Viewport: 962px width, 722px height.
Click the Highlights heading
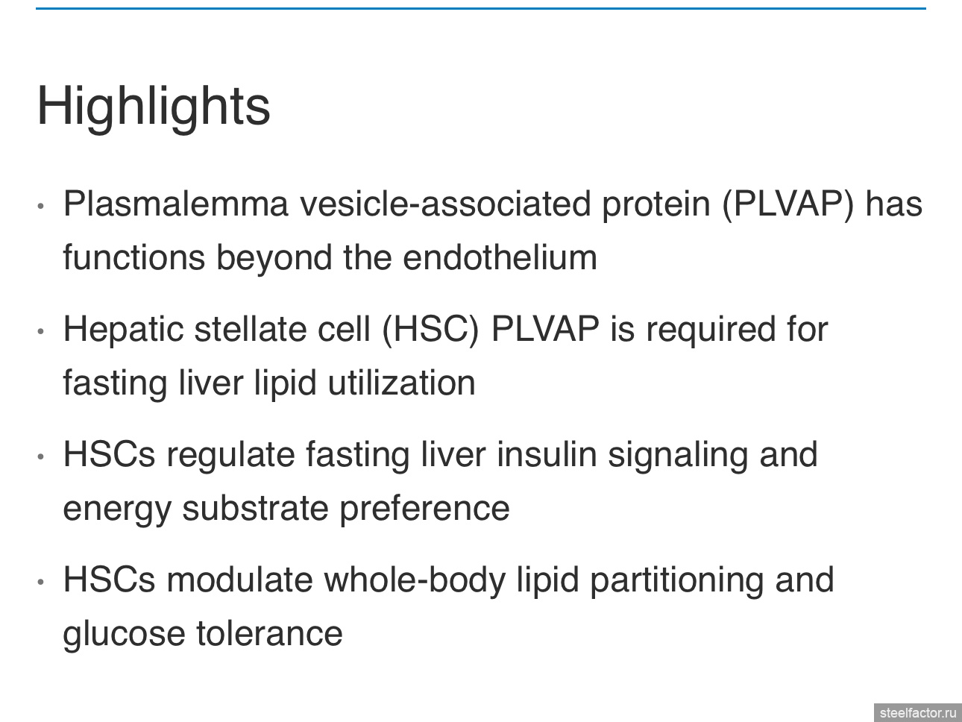click(154, 107)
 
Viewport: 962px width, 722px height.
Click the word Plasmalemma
click(176, 204)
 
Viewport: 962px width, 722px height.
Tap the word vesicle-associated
click(445, 204)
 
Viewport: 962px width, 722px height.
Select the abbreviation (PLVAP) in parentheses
click(787, 204)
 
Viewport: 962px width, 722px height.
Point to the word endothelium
click(500, 257)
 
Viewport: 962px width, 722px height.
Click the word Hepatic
click(123, 330)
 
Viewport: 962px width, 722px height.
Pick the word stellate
click(251, 329)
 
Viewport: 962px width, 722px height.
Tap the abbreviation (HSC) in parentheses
click(430, 330)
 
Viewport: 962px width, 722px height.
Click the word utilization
click(401, 383)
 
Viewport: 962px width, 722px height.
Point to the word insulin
click(547, 454)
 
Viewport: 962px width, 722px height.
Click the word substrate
click(256, 509)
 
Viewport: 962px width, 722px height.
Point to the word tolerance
click(269, 634)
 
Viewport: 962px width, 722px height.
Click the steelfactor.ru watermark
click(918, 713)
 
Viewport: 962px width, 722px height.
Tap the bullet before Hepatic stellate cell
click(41, 331)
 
